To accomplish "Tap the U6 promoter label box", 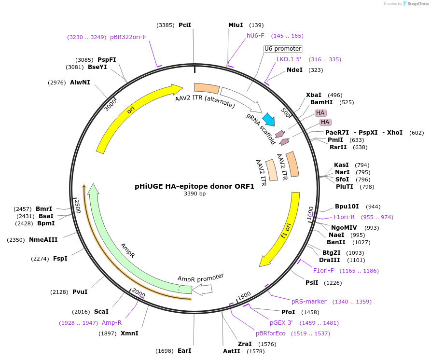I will point(283,49).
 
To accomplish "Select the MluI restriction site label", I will point(236,25).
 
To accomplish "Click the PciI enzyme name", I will point(185,25).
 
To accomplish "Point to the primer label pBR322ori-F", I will point(128,37).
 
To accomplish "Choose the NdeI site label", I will point(294,70).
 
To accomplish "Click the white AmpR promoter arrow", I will point(203,289).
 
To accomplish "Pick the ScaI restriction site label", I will point(101,312).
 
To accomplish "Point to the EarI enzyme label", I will point(184,351).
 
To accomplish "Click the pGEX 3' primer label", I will point(281,323).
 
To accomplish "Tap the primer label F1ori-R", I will point(344,217).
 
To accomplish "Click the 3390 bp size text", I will point(195,194).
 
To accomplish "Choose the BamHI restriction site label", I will point(321,102).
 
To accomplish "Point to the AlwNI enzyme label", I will point(80,83).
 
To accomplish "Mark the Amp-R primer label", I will point(111,323).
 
